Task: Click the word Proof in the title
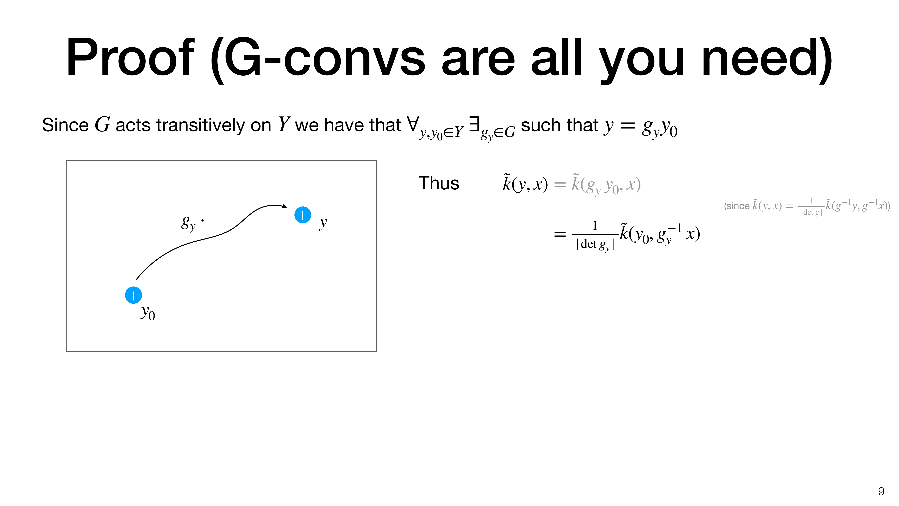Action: [x=130, y=58]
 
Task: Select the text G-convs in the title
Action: [x=325, y=58]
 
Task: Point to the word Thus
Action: [x=439, y=183]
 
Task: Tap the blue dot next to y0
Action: [x=133, y=295]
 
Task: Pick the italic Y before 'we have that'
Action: [x=284, y=124]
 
